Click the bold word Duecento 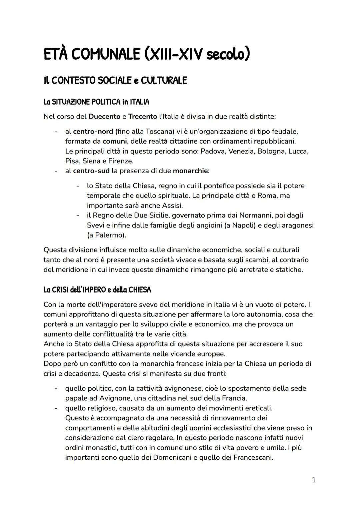point(104,117)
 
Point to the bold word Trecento point(142,117)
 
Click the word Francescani point(252,457)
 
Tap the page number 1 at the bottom point(313,480)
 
